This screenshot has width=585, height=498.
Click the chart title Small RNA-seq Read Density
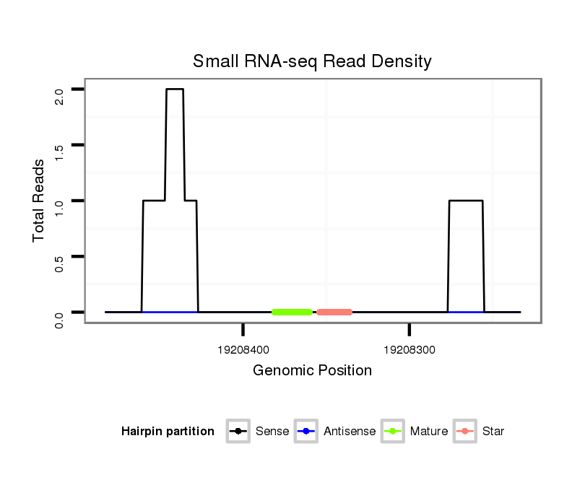(312, 61)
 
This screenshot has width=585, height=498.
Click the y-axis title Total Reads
(39, 201)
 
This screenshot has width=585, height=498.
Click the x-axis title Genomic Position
(312, 371)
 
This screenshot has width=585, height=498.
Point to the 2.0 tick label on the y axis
(59, 95)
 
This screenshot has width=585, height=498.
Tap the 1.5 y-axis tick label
(59, 151)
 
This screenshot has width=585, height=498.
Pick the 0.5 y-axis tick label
(59, 262)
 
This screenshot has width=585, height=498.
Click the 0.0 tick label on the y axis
(59, 318)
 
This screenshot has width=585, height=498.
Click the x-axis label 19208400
(243, 350)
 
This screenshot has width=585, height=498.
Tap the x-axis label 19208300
(409, 350)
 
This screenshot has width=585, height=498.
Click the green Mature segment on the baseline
(292, 312)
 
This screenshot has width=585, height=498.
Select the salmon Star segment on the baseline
(334, 312)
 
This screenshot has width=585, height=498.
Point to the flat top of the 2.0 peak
(175, 89)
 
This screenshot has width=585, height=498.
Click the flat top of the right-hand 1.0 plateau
(466, 201)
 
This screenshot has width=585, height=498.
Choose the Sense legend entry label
(272, 432)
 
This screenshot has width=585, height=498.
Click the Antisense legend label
(349, 432)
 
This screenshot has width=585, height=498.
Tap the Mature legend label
(429, 432)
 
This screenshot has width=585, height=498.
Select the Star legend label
(493, 432)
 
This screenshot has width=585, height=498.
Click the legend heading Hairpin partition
(168, 432)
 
